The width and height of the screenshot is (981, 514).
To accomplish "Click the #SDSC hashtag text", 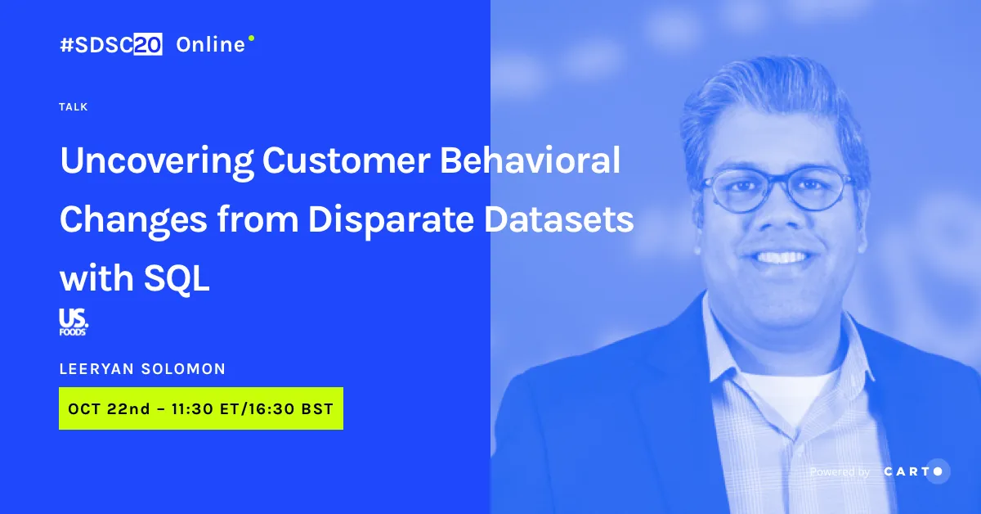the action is [96, 44].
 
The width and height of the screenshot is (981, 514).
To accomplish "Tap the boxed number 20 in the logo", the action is [148, 44].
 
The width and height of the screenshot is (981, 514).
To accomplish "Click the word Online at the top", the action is [211, 45].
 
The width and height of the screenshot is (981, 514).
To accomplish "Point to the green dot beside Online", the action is [252, 38].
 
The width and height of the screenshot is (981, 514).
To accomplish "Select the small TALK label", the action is [74, 107].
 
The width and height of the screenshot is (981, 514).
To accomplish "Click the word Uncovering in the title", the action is [157, 161].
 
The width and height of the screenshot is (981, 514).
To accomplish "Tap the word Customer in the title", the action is [347, 160].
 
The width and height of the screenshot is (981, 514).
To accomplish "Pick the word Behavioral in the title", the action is [530, 160].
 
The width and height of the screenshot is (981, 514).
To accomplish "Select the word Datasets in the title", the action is [559, 219].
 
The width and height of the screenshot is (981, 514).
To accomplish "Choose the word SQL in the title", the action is [177, 278].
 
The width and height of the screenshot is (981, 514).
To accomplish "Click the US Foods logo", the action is [74, 322].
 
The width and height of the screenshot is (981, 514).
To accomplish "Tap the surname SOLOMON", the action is [183, 369].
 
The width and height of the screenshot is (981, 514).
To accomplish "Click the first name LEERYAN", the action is [96, 369].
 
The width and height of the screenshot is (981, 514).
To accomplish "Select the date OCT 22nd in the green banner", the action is [109, 408].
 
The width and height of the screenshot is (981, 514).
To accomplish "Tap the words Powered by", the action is [840, 472].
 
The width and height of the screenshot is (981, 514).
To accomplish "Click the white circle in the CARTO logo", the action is [938, 471].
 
